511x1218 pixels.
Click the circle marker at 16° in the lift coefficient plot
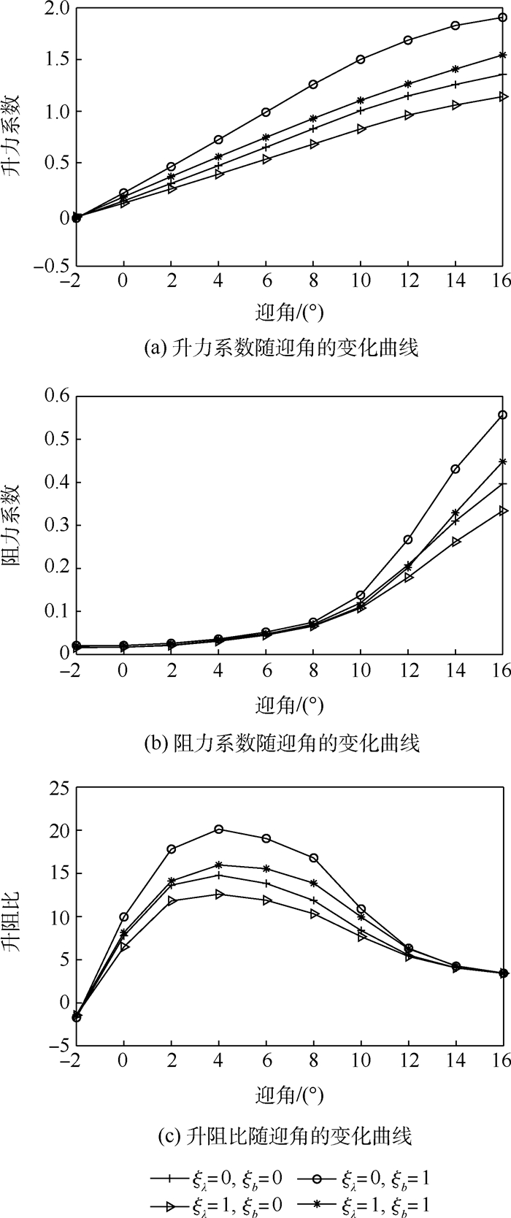pos(502,18)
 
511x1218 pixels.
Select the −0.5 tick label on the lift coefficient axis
pos(50,267)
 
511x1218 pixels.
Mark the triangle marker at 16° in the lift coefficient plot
pos(502,96)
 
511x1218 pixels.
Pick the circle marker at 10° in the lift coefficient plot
pos(361,59)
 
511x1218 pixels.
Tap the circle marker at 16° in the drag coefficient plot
pos(502,415)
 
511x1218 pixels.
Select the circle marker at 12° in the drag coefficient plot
pos(408,540)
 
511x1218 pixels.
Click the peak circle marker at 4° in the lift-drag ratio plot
pos(219,829)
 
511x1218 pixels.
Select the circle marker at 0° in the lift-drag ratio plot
pos(124,917)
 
